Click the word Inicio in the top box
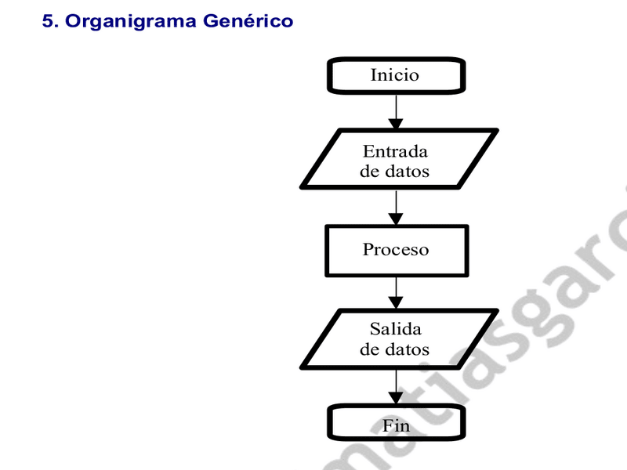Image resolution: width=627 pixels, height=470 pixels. click(x=395, y=75)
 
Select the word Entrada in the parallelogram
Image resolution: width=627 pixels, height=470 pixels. click(x=395, y=151)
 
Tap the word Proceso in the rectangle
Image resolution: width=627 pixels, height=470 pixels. click(x=396, y=249)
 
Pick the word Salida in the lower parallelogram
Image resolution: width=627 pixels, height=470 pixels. click(x=396, y=329)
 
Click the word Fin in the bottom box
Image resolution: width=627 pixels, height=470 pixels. click(x=397, y=425)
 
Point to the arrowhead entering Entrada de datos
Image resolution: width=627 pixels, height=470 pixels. click(x=396, y=124)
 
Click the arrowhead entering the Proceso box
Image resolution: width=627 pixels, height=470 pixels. click(x=396, y=219)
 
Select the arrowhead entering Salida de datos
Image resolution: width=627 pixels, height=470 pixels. click(x=396, y=302)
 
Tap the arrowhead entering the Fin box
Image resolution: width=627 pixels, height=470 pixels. click(x=396, y=398)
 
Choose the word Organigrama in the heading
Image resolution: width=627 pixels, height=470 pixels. click(x=130, y=22)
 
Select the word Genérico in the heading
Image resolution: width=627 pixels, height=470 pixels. click(x=248, y=21)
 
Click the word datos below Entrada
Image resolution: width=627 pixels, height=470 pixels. click(x=407, y=172)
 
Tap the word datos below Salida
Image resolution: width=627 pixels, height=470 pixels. click(x=407, y=349)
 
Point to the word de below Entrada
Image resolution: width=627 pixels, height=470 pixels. click(x=369, y=172)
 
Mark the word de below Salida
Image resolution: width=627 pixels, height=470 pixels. click(x=369, y=349)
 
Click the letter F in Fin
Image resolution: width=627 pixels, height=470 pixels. click(x=388, y=425)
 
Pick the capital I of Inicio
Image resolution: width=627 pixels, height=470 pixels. click(x=374, y=75)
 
